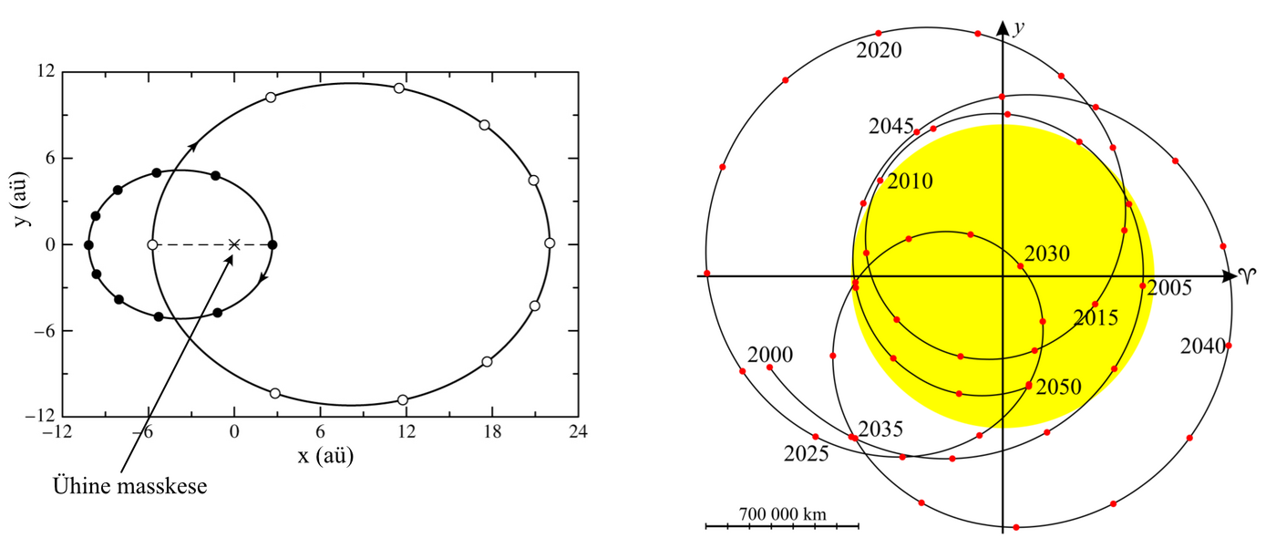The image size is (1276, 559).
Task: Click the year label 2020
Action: (x=879, y=51)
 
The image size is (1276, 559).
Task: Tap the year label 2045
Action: (x=891, y=126)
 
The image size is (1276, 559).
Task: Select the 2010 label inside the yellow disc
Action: (x=911, y=181)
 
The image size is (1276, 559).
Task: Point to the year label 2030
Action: (x=1047, y=254)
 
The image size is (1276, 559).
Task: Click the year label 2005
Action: (x=1169, y=288)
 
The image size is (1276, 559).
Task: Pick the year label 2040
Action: (x=1202, y=346)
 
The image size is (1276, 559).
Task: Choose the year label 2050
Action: (x=1058, y=387)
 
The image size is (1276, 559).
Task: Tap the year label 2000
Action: (x=770, y=355)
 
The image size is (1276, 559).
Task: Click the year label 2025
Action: (x=806, y=454)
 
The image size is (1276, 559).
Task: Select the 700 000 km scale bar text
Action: (x=782, y=514)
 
